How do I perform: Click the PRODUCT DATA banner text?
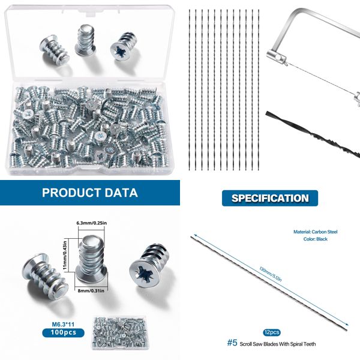click(89, 193)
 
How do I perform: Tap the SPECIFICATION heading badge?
click(269, 198)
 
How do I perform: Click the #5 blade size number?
click(232, 343)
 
